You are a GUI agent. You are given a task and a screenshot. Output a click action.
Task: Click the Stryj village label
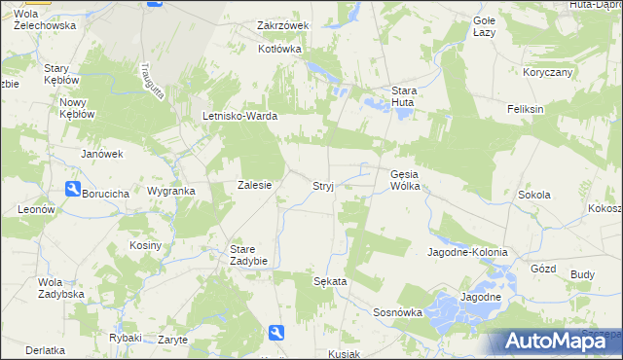pos(323,186)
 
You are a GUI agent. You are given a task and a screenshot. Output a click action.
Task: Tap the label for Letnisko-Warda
pos(240,117)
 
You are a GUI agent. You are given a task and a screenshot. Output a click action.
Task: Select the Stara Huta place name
pos(403,96)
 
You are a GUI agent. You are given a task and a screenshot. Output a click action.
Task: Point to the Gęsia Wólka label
pos(404,180)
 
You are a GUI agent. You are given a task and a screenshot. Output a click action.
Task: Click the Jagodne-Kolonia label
pos(467,252)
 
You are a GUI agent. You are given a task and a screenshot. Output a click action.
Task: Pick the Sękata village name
pos(330,280)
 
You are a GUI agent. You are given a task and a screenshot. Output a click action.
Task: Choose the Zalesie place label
pos(254,185)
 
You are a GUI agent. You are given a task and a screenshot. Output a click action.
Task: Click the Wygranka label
pos(170,192)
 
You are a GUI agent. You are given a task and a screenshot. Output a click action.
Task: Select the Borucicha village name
pos(106,194)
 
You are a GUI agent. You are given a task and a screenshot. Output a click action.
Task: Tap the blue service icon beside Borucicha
pos(73,189)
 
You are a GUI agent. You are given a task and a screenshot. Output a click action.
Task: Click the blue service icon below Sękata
pos(276,333)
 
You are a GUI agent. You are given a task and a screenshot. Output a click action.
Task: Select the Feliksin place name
pos(525,109)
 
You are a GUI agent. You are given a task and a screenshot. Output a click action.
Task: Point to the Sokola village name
pos(534,195)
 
